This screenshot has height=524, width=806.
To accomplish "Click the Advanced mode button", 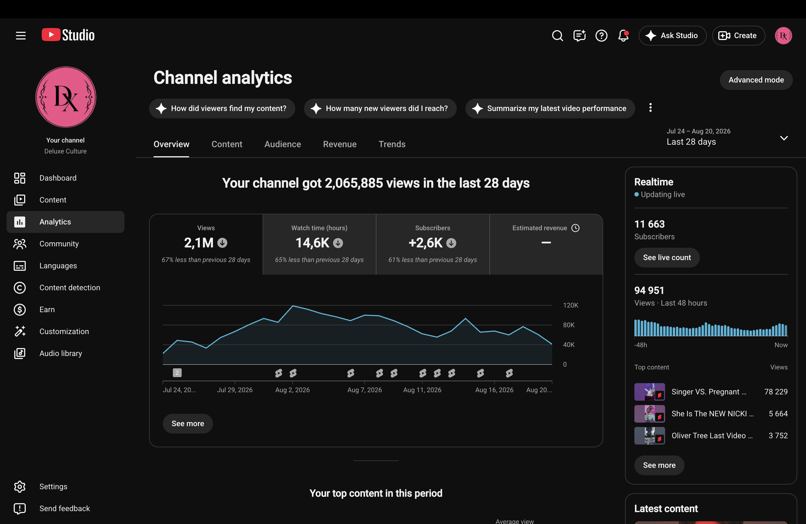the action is pyautogui.click(x=756, y=80).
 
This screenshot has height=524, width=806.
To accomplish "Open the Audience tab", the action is pyautogui.click(x=282, y=144).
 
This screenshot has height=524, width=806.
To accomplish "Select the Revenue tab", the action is pyautogui.click(x=340, y=144).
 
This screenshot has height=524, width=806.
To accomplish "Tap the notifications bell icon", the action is pyautogui.click(x=623, y=36).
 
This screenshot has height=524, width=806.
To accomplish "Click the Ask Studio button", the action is pyautogui.click(x=672, y=36).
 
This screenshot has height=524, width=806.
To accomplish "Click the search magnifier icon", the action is pyautogui.click(x=557, y=36).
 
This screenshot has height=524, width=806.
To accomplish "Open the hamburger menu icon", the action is pyautogui.click(x=21, y=36).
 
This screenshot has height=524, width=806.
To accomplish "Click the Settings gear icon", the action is pyautogui.click(x=20, y=486).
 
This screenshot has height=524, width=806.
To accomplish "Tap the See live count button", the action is pyautogui.click(x=667, y=258).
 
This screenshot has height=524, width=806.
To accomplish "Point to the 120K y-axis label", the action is pyautogui.click(x=571, y=305).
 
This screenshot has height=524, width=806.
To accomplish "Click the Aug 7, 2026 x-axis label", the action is pyautogui.click(x=364, y=390).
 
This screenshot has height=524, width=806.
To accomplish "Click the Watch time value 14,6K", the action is pyautogui.click(x=312, y=243).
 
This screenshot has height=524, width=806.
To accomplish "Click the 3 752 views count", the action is pyautogui.click(x=778, y=436).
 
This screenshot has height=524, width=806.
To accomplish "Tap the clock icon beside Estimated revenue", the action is pyautogui.click(x=575, y=228).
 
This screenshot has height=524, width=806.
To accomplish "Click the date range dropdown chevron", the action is pyautogui.click(x=784, y=138).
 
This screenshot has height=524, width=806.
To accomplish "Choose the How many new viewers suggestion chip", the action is pyautogui.click(x=380, y=108).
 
